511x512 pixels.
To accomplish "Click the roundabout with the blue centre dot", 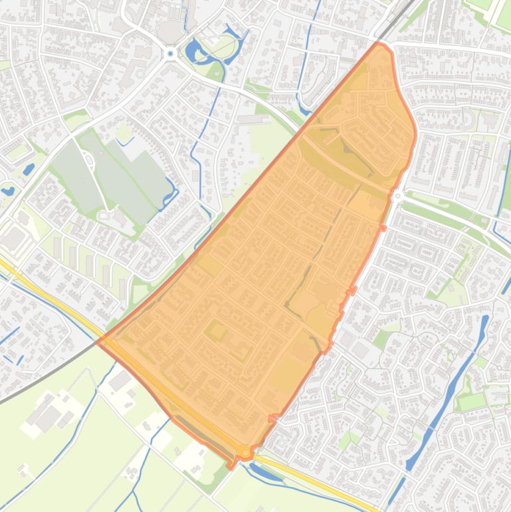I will coord(171,53).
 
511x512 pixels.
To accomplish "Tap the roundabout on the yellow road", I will coord(245,452).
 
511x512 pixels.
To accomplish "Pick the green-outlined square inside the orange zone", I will coord(216,330).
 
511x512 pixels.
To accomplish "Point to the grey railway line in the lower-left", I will coord(40,380).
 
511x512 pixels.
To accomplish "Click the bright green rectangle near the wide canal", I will coord(471,402).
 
